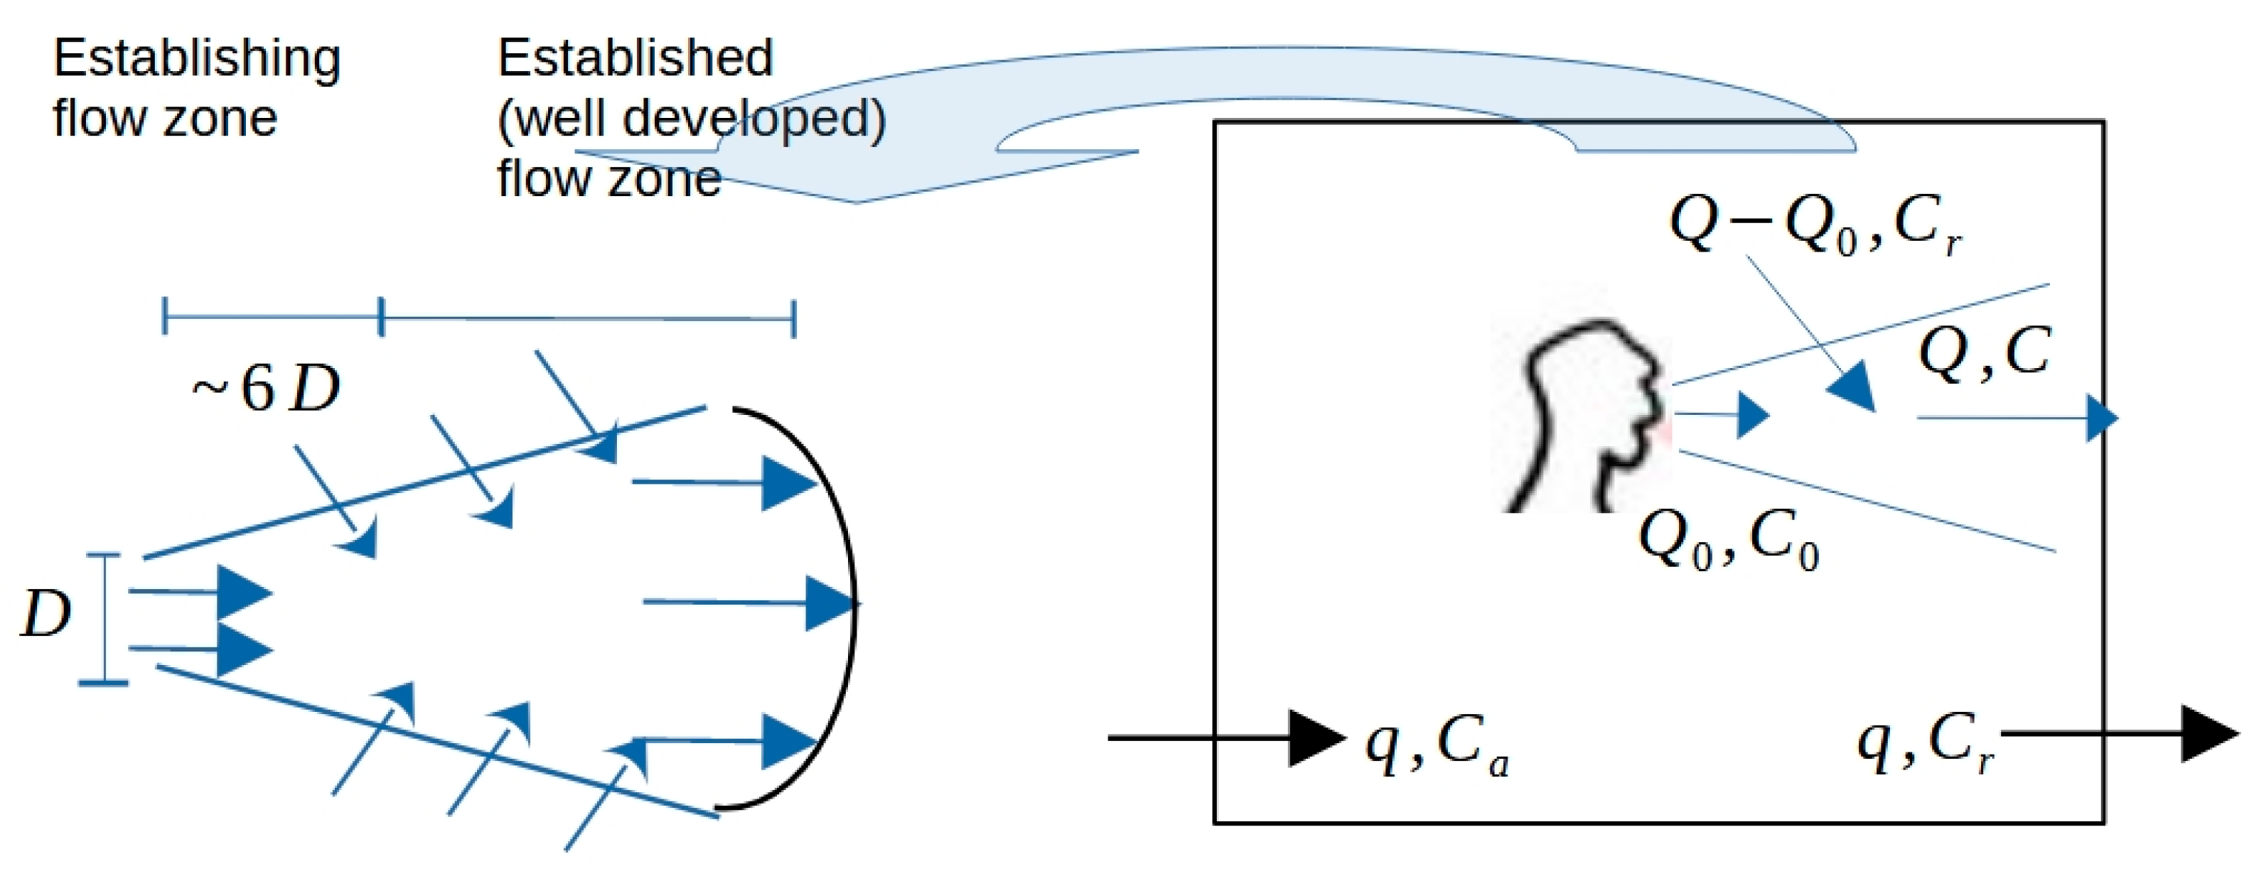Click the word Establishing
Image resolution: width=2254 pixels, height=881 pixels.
coord(196,60)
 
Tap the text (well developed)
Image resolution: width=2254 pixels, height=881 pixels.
coord(691,118)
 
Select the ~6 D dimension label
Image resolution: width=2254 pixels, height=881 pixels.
coord(266,389)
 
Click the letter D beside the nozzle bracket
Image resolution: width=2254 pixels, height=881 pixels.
coord(45,614)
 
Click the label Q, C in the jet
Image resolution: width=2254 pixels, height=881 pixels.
coord(1982,355)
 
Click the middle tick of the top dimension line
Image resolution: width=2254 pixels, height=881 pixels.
coord(380,317)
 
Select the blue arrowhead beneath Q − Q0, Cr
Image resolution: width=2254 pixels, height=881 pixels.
coord(1853,389)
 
